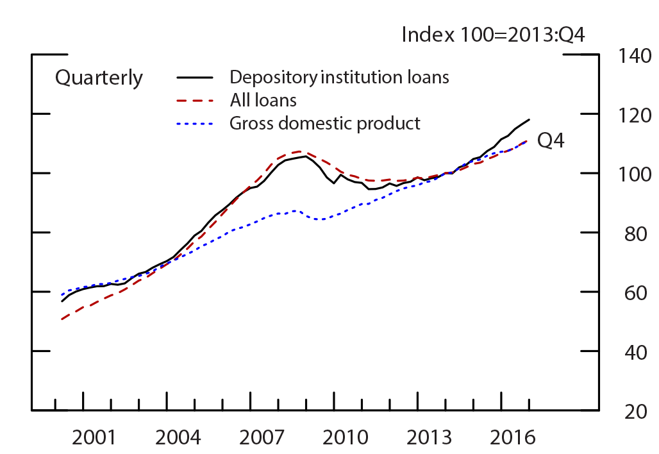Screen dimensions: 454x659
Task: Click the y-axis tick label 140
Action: pos(631,56)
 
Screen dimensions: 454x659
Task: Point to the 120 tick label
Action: pos(631,115)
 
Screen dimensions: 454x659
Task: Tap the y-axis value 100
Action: pos(631,175)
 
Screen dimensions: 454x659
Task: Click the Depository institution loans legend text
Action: pos(339,78)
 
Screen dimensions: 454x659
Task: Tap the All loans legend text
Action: pos(263,100)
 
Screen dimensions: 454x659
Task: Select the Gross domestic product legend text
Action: pos(325,122)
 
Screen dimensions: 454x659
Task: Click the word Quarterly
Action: pos(99,78)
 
